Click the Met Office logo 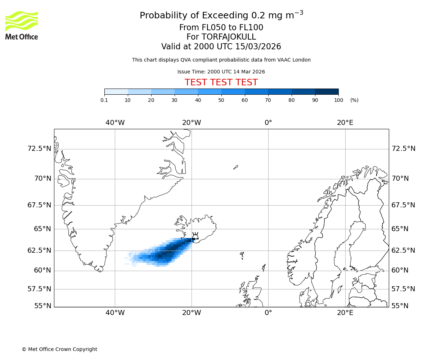point(22,25)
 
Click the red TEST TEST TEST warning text point(221,82)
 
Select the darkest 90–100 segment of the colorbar point(327,91)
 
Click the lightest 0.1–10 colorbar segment point(116,91)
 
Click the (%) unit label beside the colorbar point(354,100)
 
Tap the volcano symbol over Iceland point(195,236)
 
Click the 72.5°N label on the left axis point(39,149)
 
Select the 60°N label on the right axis point(400,270)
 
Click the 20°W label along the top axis point(192,123)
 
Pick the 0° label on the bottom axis point(268,312)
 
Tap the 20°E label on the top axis point(345,123)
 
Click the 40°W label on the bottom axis point(115,312)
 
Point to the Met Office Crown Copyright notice point(59,349)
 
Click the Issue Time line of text point(221,72)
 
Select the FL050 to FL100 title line point(221,28)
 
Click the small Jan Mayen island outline point(235,167)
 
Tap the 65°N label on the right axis point(400,229)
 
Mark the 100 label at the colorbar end point(338,100)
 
